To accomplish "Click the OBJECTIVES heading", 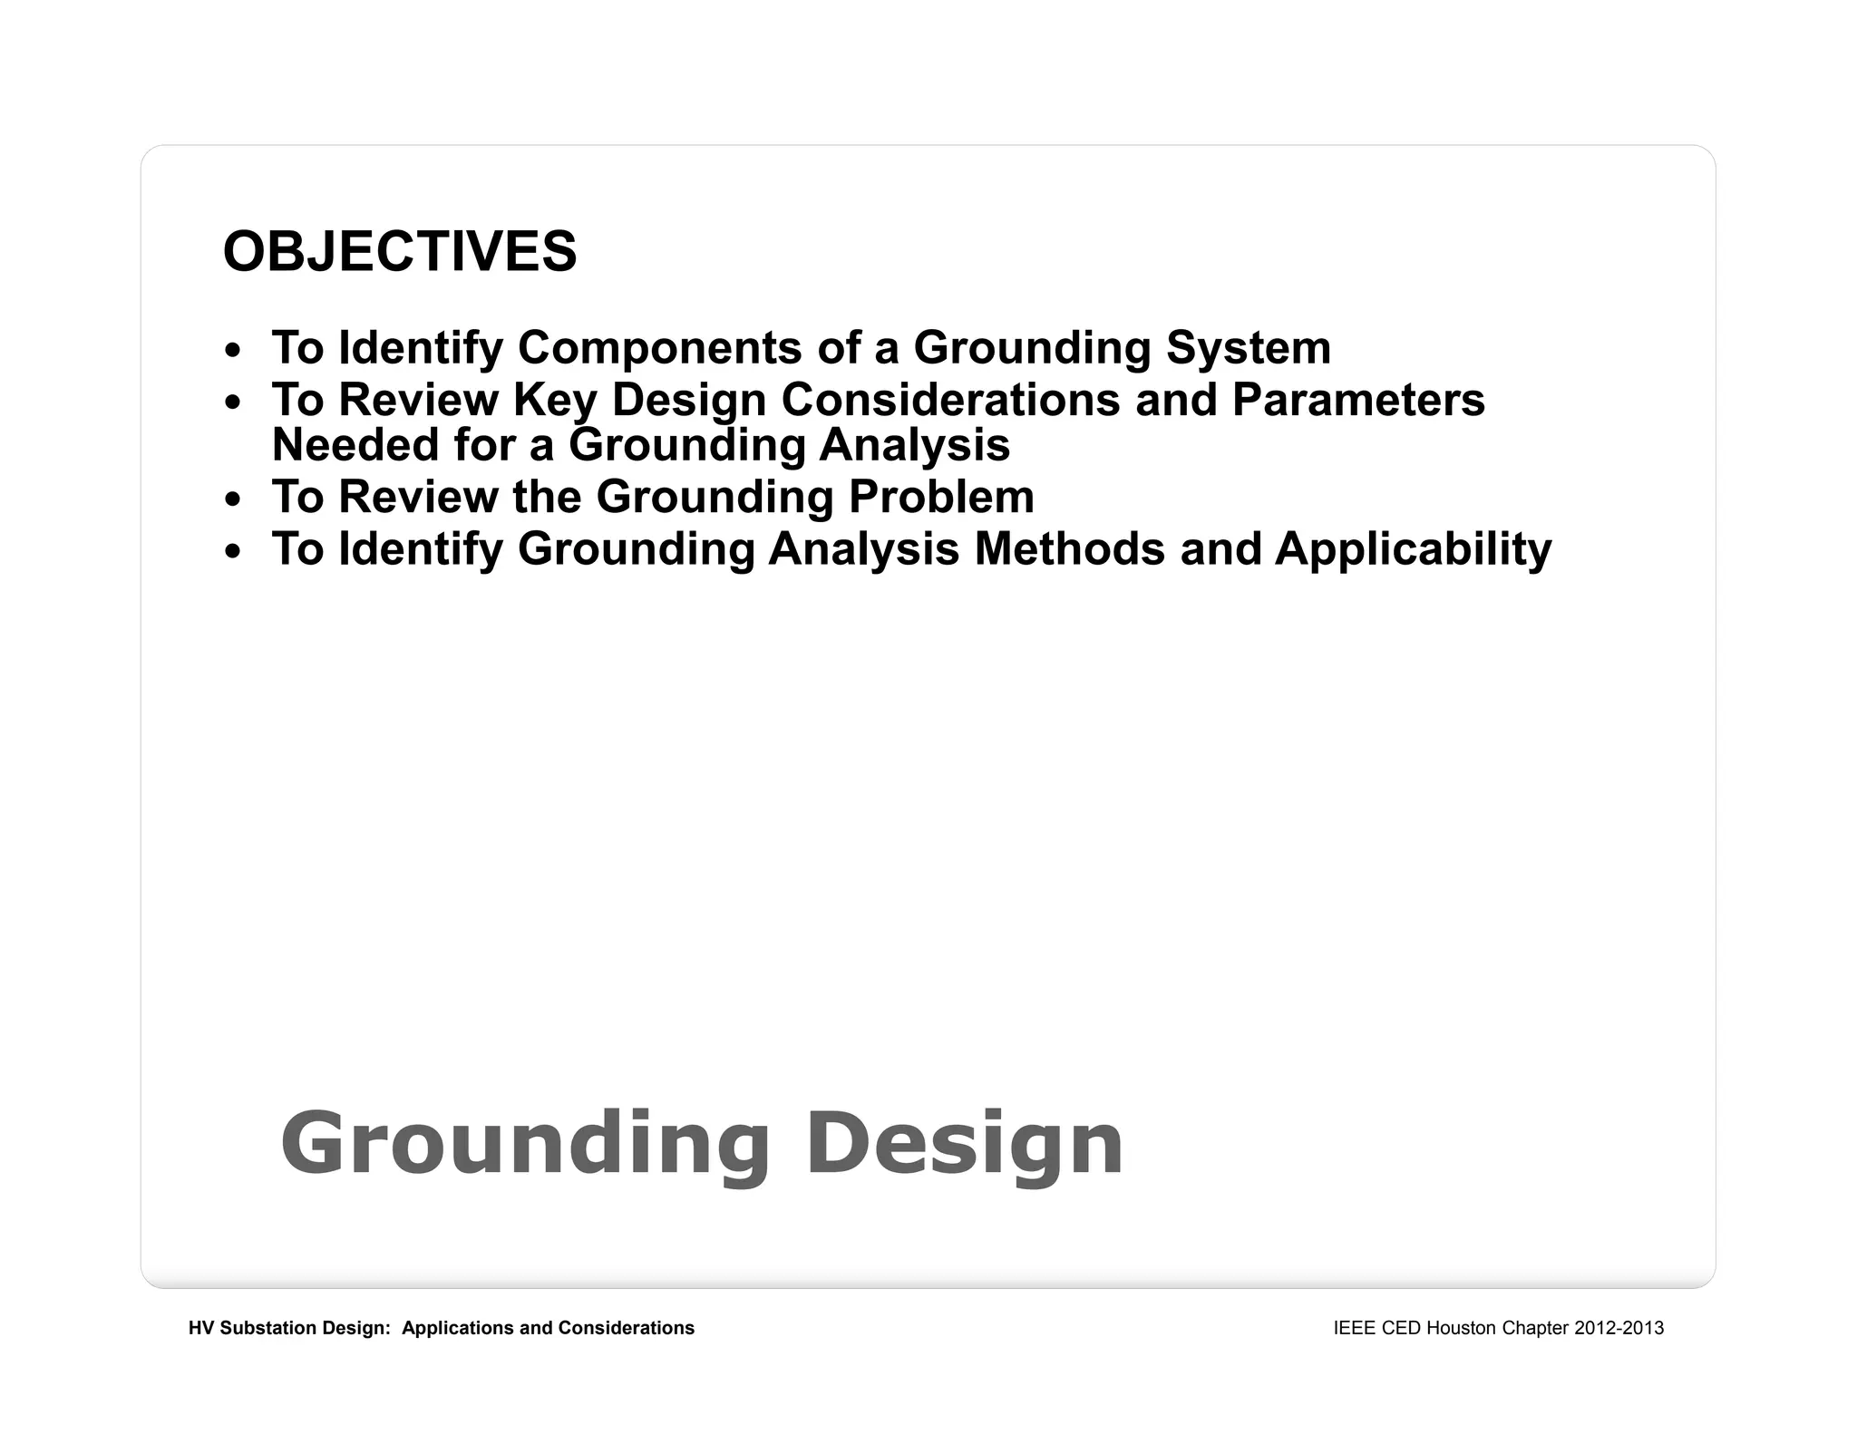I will (x=399, y=251).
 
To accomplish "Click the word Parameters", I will (x=1358, y=400).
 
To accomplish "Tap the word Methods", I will (x=1069, y=549).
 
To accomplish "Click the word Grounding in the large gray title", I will (x=525, y=1144).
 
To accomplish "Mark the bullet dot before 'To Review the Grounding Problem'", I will (x=234, y=499).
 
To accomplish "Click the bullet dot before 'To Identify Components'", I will (x=234, y=350).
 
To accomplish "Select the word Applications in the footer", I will (x=458, y=1328).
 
